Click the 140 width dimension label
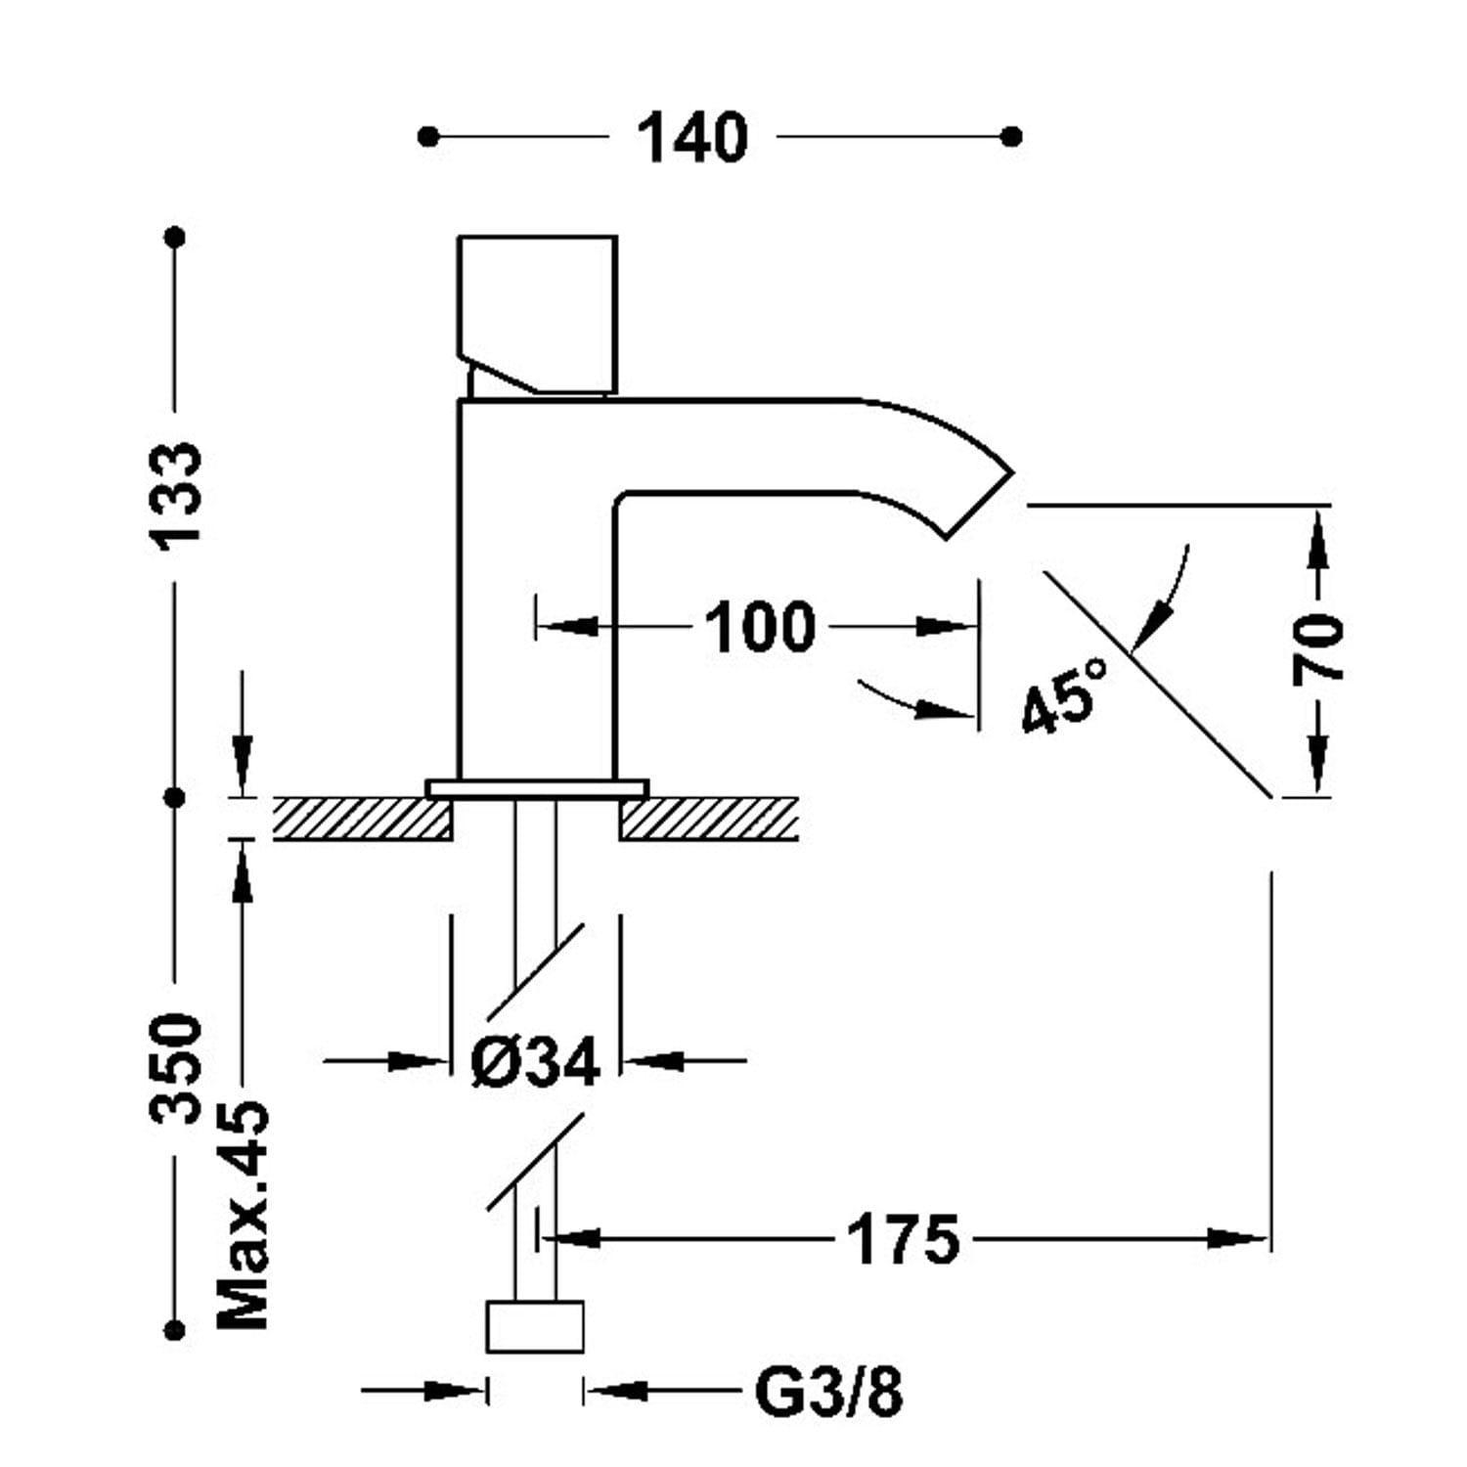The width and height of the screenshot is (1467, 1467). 692,138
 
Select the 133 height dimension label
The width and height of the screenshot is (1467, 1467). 176,492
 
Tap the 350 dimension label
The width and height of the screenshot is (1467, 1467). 176,1068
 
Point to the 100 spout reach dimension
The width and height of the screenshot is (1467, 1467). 759,627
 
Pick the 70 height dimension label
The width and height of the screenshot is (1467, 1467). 1318,649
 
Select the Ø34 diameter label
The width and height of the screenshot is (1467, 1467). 534,1062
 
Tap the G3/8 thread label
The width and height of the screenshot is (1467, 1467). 828,1392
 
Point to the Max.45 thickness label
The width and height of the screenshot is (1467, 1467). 243,1215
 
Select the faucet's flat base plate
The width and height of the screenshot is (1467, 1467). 537,788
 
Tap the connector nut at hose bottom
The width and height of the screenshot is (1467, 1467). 535,1326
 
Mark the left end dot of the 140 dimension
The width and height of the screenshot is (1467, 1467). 427,136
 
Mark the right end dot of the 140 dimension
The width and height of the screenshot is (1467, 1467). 1013,136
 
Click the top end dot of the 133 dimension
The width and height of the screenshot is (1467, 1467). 176,237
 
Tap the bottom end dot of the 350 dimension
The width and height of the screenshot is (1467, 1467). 176,1328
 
